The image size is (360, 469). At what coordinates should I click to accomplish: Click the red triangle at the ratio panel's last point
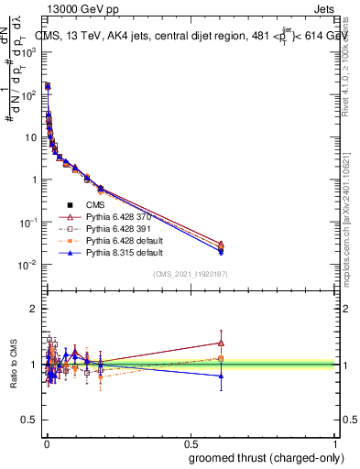(x=220, y=344)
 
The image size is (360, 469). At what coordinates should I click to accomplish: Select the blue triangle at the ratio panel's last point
(x=220, y=376)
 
